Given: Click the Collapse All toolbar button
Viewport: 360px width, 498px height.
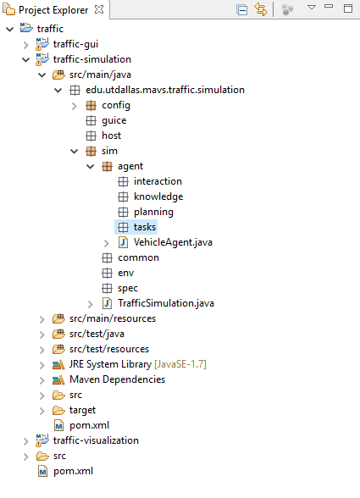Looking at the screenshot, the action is [241, 9].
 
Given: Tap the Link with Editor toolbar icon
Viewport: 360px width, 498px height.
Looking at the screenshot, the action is [261, 9].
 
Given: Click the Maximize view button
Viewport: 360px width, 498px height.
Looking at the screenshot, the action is [348, 8].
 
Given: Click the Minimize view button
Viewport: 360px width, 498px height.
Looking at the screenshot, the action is [329, 6].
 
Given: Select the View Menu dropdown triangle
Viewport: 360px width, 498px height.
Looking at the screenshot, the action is [312, 7].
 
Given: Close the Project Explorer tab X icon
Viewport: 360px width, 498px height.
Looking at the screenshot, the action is [99, 9].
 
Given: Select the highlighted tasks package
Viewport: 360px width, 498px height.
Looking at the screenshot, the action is [145, 227].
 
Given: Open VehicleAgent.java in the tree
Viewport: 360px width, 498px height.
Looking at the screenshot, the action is [173, 242].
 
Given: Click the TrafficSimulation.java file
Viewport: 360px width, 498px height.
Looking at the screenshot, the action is [166, 303].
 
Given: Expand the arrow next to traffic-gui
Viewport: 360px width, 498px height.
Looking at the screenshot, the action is [26, 45].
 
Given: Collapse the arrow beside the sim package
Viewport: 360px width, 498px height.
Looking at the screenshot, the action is [74, 151].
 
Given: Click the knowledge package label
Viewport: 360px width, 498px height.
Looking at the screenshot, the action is [158, 196].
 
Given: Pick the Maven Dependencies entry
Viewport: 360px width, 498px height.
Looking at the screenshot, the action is [117, 379].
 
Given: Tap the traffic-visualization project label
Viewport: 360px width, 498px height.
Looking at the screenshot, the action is [96, 440].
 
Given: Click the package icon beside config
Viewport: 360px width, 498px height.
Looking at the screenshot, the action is [91, 105].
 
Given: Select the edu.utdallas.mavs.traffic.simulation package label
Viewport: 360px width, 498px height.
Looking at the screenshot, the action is [165, 90].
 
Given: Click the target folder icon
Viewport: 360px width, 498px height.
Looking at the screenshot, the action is [58, 410].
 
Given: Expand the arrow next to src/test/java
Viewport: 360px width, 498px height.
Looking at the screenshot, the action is [42, 335].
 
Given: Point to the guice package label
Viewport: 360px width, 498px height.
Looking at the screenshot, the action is [114, 120].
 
